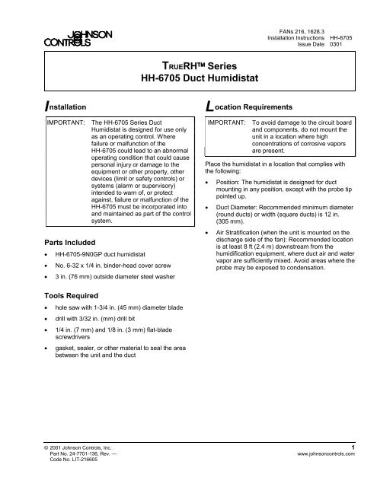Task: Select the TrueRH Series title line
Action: click(188, 64)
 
